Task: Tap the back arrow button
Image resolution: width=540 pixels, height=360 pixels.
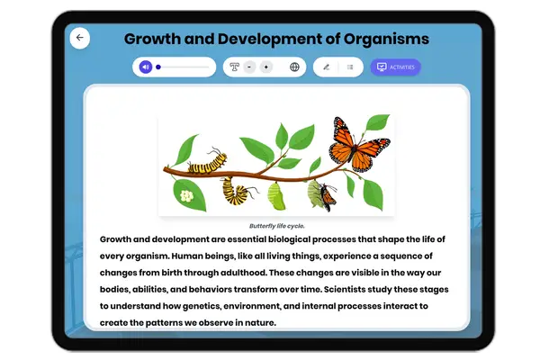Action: (x=80, y=38)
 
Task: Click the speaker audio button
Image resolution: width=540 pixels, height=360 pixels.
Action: (x=145, y=67)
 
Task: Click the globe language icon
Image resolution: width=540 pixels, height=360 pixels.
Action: (x=294, y=67)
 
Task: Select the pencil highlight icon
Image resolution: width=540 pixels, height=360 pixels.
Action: (x=327, y=67)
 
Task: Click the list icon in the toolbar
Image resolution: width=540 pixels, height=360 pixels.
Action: (x=350, y=67)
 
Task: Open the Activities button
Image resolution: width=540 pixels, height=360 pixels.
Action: (x=395, y=67)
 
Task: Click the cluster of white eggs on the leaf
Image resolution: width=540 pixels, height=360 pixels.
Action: (x=187, y=194)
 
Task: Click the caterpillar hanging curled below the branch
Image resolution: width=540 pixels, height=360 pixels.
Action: (x=237, y=190)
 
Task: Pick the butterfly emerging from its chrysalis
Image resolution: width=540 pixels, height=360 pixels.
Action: (x=319, y=193)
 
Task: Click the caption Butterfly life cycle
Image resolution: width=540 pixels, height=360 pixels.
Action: (x=275, y=226)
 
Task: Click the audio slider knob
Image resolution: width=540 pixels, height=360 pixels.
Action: (x=158, y=67)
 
